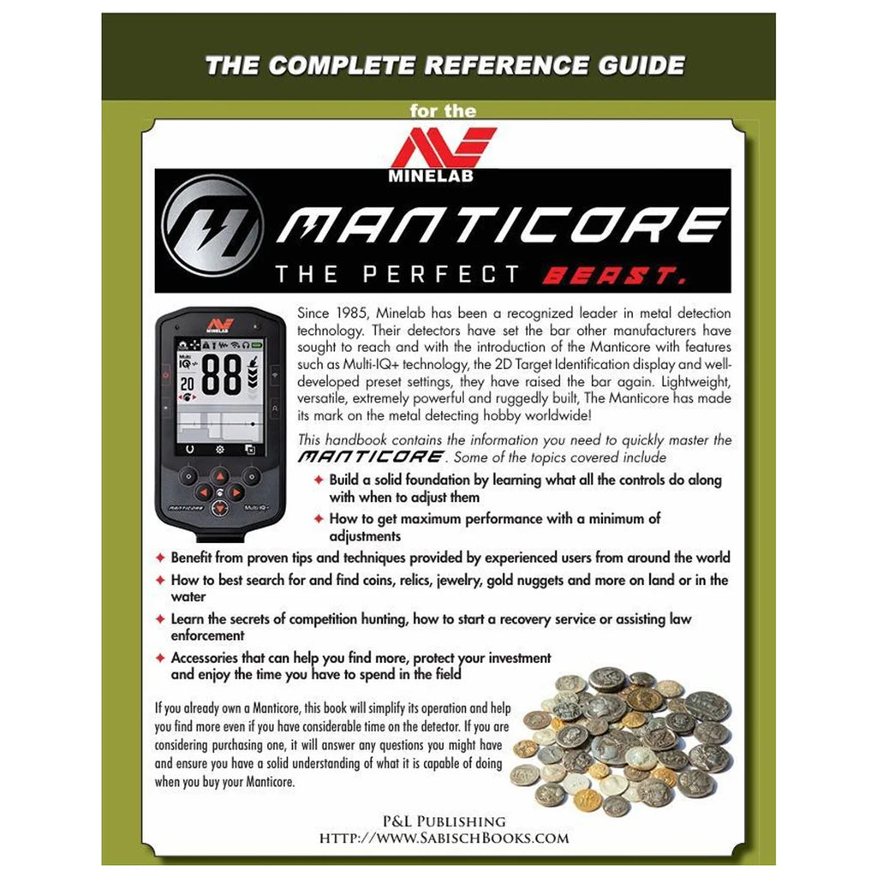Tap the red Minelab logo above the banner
pyautogui.click(x=443, y=155)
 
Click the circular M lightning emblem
pyautogui.click(x=213, y=225)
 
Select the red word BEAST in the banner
pyautogui.click(x=613, y=275)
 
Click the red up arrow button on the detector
pyautogui.click(x=220, y=476)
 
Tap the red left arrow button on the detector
pyautogui.click(x=204, y=492)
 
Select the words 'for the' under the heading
pyautogui.click(x=443, y=110)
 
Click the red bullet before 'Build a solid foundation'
pyautogui.click(x=319, y=480)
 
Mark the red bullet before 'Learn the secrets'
pyautogui.click(x=160, y=618)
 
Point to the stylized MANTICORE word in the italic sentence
pyautogui.click(x=371, y=457)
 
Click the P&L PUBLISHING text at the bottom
pyautogui.click(x=444, y=821)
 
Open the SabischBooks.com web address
pyautogui.click(x=444, y=838)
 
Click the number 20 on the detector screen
pyautogui.click(x=187, y=384)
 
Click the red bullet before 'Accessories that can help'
pyautogui.click(x=160, y=658)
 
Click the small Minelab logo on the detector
pyautogui.click(x=220, y=326)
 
